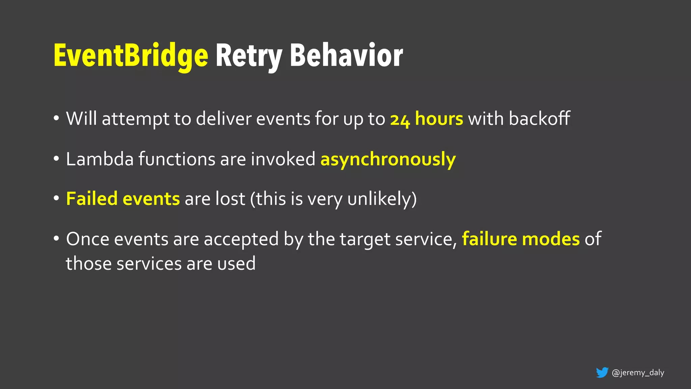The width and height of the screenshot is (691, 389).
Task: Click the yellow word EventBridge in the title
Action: click(x=131, y=56)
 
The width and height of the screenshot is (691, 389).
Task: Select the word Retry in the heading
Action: click(x=248, y=56)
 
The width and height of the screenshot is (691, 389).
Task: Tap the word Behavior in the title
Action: click(x=346, y=56)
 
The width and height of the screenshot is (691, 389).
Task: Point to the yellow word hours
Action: click(x=439, y=119)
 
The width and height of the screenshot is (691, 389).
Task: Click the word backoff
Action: click(x=539, y=119)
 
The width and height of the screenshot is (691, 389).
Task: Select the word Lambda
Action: click(x=100, y=159)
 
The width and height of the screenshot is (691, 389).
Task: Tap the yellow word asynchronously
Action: click(x=388, y=159)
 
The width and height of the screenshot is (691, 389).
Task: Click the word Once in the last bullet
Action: click(x=88, y=239)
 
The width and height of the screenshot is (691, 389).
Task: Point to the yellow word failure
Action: click(x=489, y=239)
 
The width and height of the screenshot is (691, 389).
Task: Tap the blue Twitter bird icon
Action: click(x=602, y=372)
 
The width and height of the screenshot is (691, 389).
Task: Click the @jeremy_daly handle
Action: click(x=638, y=373)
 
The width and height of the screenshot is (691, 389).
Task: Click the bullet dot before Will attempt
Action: click(x=56, y=119)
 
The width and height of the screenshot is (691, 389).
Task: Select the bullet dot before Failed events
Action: click(x=56, y=199)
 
